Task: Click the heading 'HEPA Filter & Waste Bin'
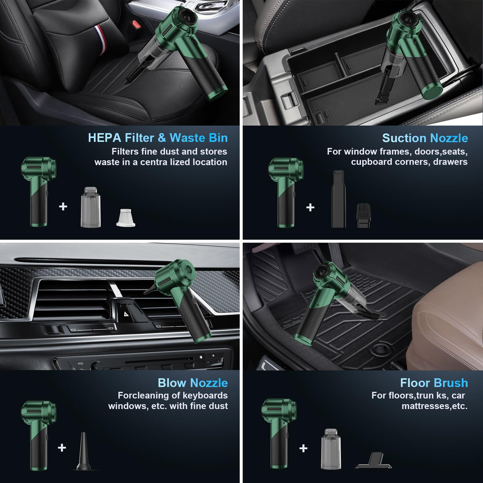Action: click(158, 138)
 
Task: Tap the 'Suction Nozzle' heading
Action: click(425, 138)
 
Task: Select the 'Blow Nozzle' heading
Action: click(193, 383)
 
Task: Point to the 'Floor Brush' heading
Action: click(434, 383)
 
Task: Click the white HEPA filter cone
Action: click(126, 218)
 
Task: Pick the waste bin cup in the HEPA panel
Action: click(91, 207)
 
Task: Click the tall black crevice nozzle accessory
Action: click(338, 199)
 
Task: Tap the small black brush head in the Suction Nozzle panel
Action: click(363, 215)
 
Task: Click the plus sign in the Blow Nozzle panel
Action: click(62, 448)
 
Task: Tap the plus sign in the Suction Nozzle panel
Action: click(310, 207)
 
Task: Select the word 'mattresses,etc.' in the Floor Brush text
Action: click(434, 406)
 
